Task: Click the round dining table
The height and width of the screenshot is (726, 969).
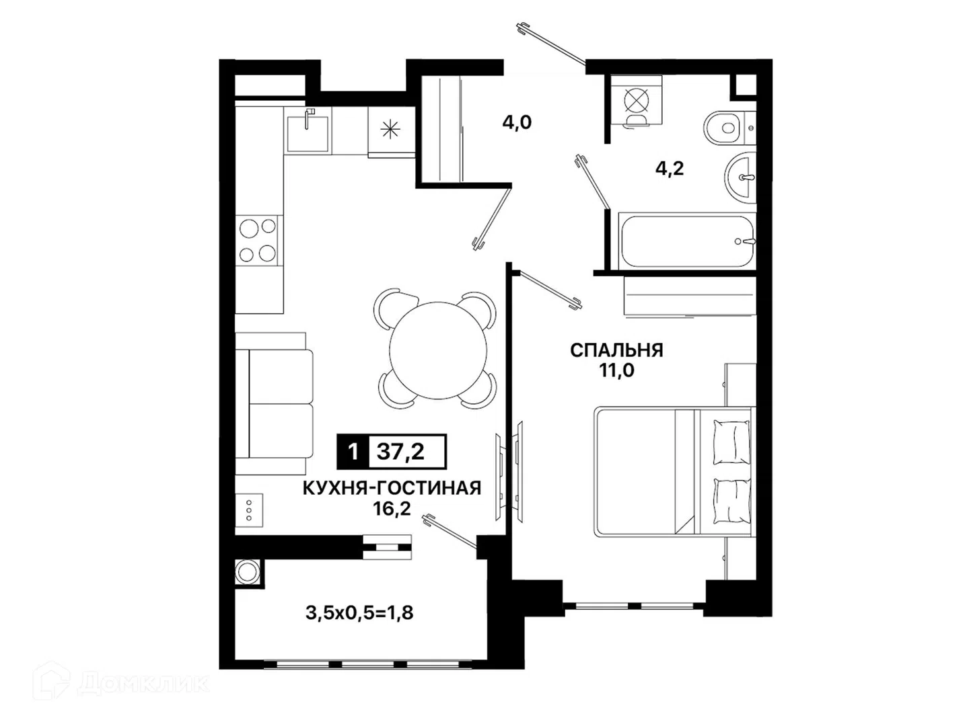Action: (x=437, y=350)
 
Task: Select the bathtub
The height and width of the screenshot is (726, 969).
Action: (x=687, y=241)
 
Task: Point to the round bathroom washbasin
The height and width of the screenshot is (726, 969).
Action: (x=740, y=177)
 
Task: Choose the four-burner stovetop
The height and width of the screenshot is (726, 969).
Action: (x=258, y=240)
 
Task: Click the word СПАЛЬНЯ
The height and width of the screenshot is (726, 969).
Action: (x=616, y=350)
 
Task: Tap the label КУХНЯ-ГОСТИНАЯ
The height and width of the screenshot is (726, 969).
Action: (x=392, y=489)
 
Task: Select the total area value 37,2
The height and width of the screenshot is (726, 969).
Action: (x=400, y=451)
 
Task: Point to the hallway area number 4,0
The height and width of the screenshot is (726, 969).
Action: (x=517, y=122)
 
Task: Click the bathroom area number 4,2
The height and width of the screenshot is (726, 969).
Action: (x=670, y=168)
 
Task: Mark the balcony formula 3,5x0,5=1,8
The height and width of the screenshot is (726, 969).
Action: (x=359, y=612)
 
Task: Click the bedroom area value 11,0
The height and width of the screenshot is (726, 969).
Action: (x=616, y=370)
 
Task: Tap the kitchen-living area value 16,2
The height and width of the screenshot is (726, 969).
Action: (x=392, y=509)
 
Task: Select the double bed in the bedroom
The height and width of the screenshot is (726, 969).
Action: (x=673, y=471)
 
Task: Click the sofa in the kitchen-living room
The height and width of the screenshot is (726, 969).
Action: (x=274, y=403)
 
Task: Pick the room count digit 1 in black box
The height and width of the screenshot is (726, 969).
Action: (x=353, y=452)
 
